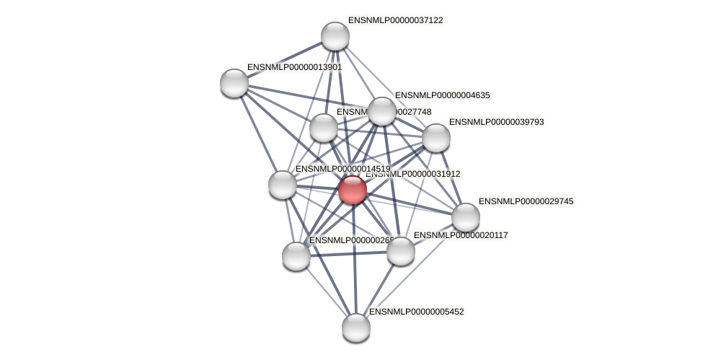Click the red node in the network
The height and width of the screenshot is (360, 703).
point(353,190)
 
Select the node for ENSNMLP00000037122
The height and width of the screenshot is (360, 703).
point(335,36)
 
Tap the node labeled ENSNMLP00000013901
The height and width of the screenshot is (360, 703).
point(234,82)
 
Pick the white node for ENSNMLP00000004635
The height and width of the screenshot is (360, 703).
point(382,111)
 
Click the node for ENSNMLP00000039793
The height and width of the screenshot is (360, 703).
point(436,138)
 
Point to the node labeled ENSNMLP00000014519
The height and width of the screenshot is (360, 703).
point(283,185)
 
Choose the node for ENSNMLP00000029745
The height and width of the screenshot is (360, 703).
point(466,217)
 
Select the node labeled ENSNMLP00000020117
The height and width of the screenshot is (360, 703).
point(401,251)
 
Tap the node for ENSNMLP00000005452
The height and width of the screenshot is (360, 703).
point(356,328)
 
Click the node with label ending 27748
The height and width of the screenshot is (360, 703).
point(324,128)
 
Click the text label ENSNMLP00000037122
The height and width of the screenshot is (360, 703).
point(395,21)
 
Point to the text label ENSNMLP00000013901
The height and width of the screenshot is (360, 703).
point(294,67)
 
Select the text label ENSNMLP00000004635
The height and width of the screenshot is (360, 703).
point(442,95)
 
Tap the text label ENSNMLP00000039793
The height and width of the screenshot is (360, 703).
point(496,122)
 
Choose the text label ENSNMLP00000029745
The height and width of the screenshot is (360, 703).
point(526,201)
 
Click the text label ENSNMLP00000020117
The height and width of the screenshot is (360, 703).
point(461,235)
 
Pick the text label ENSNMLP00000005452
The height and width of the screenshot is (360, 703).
point(416,312)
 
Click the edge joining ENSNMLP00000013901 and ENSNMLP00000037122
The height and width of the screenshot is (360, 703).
point(285,59)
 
